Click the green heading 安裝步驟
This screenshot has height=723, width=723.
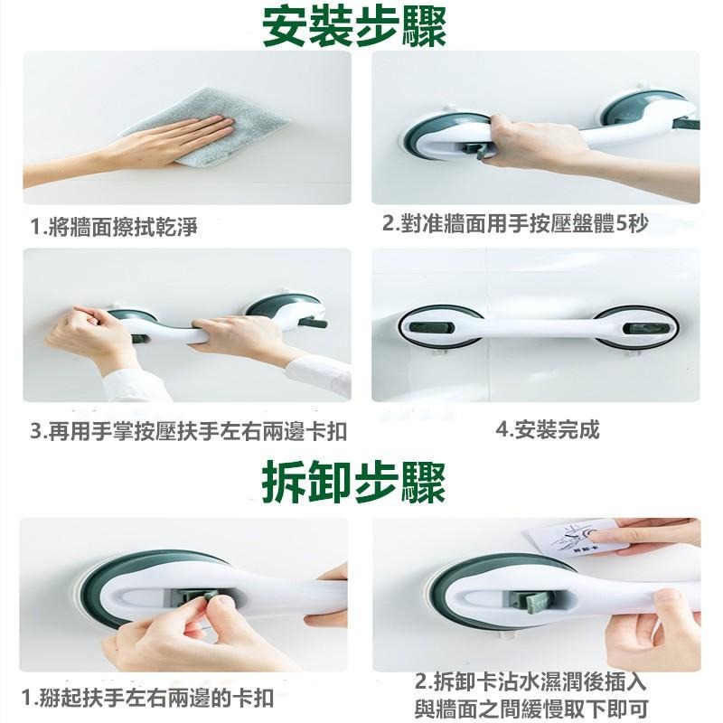tap(354, 26)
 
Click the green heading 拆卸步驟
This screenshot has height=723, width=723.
tap(354, 483)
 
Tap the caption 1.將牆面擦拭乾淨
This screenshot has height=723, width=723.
tap(114, 227)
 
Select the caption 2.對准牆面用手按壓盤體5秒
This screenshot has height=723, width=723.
tap(515, 223)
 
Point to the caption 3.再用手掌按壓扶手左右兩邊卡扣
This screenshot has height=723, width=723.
tap(188, 432)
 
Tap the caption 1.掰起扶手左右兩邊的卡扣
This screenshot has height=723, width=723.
tap(148, 698)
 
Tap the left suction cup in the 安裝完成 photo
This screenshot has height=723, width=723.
tap(440, 327)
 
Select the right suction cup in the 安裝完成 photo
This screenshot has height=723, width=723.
tap(635, 327)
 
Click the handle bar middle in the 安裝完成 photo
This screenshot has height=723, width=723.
tap(538, 328)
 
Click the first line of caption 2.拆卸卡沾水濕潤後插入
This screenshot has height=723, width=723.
tap(531, 682)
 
